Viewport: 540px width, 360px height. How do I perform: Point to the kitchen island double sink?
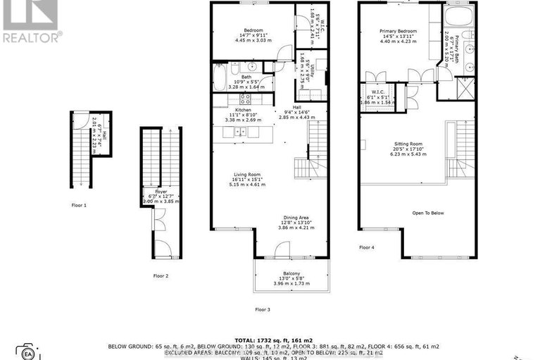241,131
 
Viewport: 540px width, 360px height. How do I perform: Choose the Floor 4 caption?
367,247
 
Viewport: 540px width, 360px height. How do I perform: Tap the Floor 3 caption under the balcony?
263,309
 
